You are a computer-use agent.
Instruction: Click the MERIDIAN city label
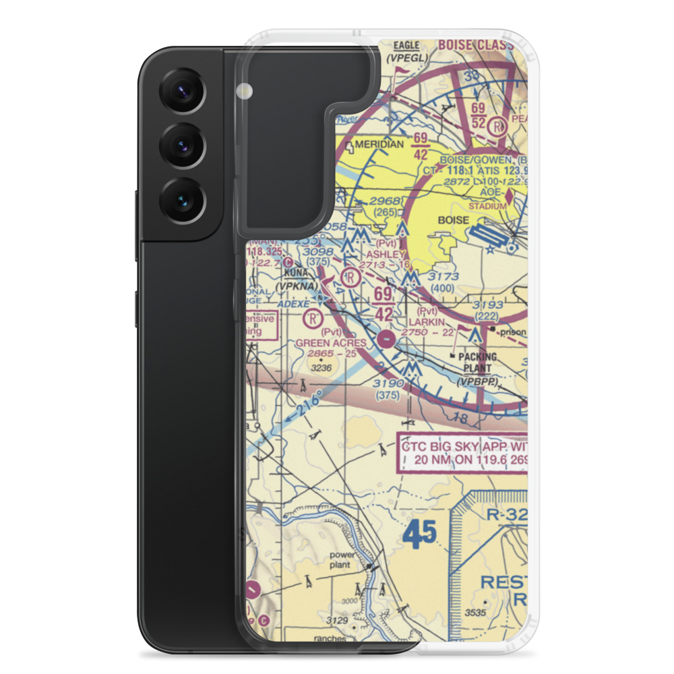(x=379, y=144)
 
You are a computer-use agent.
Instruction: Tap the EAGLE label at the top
(x=406, y=45)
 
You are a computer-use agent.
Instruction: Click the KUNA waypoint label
(x=294, y=273)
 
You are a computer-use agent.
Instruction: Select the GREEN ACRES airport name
(x=331, y=342)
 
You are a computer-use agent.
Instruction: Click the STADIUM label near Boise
(x=487, y=206)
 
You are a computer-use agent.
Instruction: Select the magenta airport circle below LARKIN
(x=386, y=338)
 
